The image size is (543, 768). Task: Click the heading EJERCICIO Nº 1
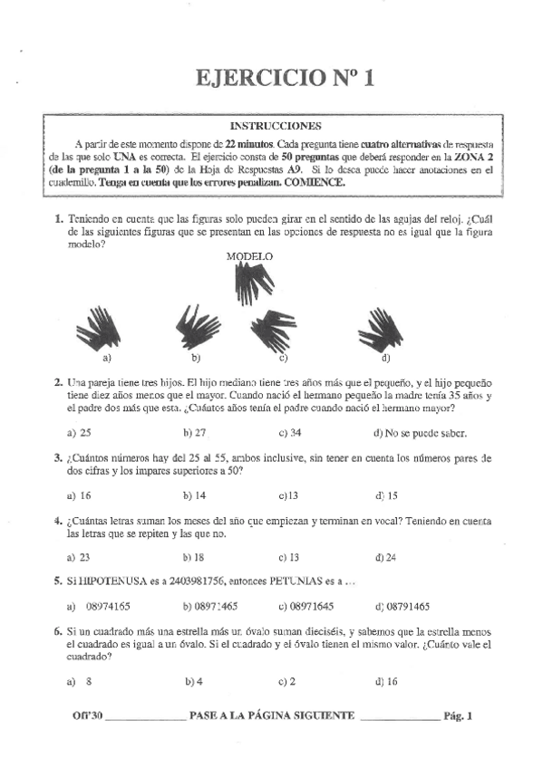pyautogui.click(x=285, y=80)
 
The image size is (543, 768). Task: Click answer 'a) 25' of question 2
pyautogui.click(x=80, y=433)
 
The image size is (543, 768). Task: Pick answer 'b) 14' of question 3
pyautogui.click(x=194, y=495)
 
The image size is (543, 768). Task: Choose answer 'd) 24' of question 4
pyautogui.click(x=386, y=557)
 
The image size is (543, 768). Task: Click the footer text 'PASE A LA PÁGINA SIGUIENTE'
pyautogui.click(x=272, y=715)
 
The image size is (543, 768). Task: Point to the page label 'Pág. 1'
pyautogui.click(x=459, y=715)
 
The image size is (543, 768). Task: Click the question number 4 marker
pyautogui.click(x=57, y=523)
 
